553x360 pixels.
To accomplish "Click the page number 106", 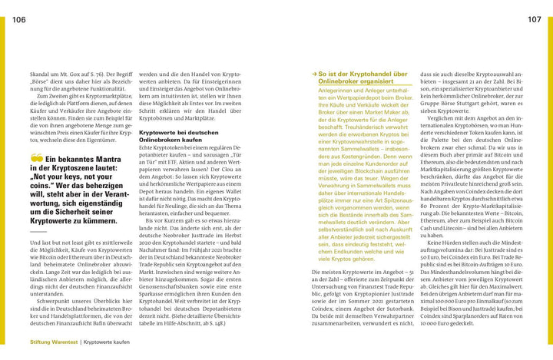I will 22,18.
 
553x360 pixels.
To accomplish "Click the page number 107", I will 535,18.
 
